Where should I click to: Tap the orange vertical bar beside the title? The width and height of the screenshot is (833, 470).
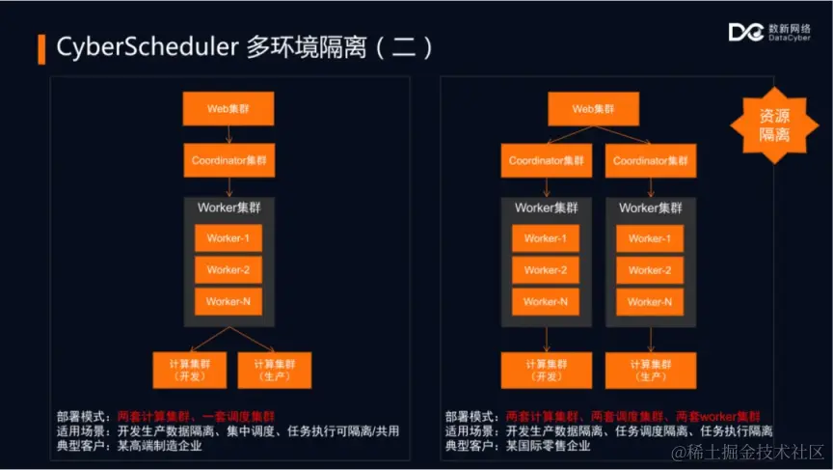point(41,48)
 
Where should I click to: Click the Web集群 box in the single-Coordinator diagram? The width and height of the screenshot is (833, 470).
point(228,108)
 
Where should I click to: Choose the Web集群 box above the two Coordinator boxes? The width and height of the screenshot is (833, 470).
point(592,108)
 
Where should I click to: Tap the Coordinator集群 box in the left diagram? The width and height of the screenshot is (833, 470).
point(228,159)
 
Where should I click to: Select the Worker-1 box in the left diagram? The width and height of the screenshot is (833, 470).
point(228,238)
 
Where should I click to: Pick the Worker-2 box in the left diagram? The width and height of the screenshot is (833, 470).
point(228,270)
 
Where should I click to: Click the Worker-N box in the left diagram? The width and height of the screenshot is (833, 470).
point(228,301)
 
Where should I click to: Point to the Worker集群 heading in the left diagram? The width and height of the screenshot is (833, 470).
point(228,208)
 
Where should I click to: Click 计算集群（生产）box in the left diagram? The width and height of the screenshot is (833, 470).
point(274,371)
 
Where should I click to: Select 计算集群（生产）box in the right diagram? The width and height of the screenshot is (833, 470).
point(650,371)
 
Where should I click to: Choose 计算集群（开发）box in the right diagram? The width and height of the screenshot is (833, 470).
point(546,371)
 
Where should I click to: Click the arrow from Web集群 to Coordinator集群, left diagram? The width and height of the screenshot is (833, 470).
point(228,134)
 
